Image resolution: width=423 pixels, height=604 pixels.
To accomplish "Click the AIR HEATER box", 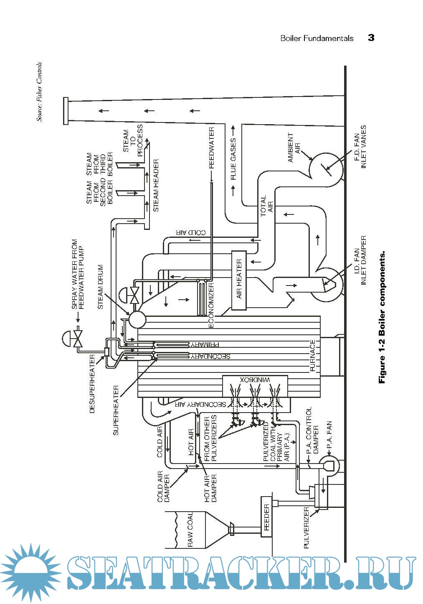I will tap(239, 280).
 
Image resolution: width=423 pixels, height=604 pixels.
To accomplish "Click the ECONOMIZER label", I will tap(211, 306).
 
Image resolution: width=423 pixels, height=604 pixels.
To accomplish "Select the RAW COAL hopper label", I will tap(190, 529).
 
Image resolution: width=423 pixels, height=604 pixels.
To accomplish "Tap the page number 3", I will tap(371, 38).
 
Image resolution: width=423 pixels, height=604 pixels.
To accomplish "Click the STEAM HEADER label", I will tap(156, 185).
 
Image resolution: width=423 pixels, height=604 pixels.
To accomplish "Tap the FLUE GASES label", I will tap(233, 159).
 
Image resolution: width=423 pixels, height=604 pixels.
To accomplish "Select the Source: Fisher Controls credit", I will tap(39, 92).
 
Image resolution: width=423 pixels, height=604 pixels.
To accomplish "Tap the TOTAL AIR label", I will tap(266, 204).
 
